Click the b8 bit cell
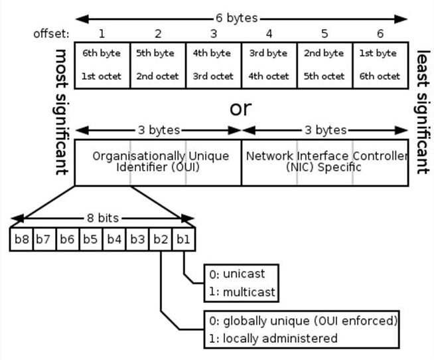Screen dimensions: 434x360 point(21,239)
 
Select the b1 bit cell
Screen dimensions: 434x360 point(184,239)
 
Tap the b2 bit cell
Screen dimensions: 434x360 point(161,239)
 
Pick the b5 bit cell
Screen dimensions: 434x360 point(91,239)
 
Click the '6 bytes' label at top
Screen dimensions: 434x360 point(237,19)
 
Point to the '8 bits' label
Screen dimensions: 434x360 point(103,218)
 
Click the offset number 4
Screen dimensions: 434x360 point(269,33)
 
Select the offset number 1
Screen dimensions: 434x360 point(102,33)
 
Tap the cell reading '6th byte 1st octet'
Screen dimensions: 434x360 point(102,65)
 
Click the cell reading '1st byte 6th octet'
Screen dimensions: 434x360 point(381,65)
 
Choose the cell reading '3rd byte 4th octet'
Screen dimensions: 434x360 point(269,65)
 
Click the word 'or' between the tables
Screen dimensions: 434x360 point(240,108)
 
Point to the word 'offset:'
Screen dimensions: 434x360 point(51,34)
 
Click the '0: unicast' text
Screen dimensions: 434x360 point(237,274)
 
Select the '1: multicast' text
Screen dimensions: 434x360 point(242,292)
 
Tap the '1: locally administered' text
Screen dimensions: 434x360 point(273,338)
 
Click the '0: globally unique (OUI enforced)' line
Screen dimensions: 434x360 point(303,321)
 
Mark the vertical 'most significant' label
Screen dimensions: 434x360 point(60,112)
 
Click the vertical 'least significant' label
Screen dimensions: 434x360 point(422,112)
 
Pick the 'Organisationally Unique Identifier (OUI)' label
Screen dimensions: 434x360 point(161,161)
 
